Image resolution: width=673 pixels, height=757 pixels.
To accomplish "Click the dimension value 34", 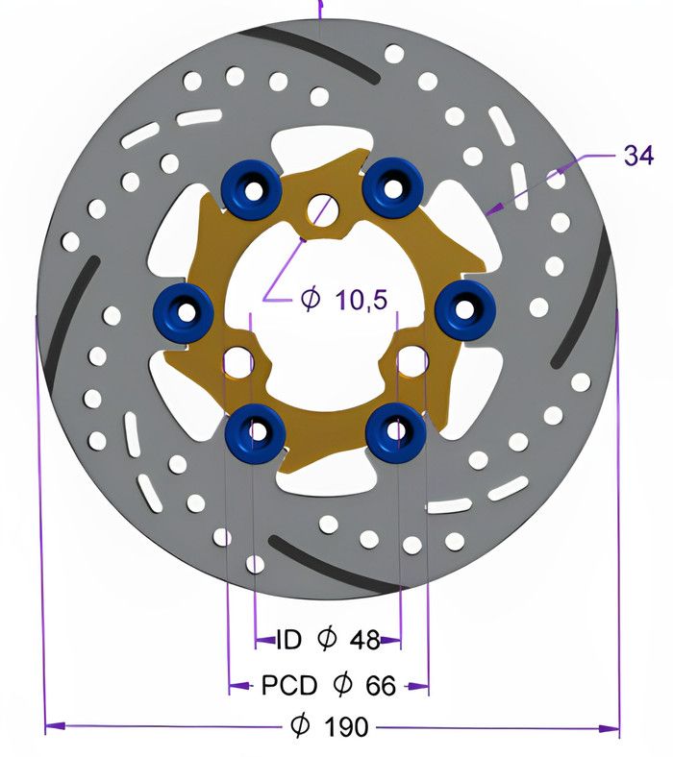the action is click(638, 156).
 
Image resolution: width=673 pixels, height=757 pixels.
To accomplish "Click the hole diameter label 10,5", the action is click(361, 300).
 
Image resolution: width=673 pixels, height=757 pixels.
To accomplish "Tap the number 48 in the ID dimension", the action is click(364, 640).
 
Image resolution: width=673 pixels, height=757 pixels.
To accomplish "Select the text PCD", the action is click(289, 685).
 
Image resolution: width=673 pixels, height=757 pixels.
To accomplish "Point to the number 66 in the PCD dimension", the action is click(381, 685).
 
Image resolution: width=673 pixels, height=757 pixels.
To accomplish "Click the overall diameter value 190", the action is click(346, 726).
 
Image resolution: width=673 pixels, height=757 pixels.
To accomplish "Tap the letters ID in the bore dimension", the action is click(289, 640).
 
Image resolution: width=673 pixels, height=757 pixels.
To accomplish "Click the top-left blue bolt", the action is click(252, 187).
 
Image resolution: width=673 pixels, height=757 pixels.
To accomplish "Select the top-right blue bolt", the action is click(393, 187).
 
